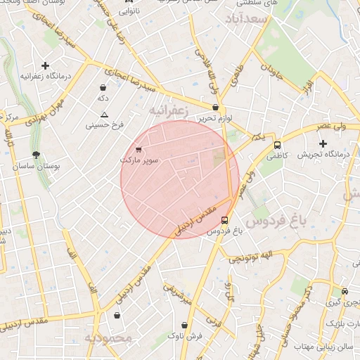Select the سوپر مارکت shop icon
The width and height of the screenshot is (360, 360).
(139, 149)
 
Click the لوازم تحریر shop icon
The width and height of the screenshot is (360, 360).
(215, 108)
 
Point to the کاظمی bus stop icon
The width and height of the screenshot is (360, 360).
(278, 146)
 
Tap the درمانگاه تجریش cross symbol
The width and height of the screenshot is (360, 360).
(323, 143)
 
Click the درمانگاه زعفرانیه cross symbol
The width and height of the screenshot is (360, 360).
(46, 65)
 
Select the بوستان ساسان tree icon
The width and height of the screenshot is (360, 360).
(36, 155)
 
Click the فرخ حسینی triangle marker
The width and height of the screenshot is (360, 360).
(105, 115)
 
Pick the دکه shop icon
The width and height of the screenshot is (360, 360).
(103, 88)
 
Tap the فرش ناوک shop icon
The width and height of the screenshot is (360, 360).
(184, 325)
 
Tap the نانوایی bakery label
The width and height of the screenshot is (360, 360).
(128, 11)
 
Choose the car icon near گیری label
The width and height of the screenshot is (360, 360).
(345, 291)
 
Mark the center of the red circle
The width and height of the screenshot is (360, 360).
(180, 179)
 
